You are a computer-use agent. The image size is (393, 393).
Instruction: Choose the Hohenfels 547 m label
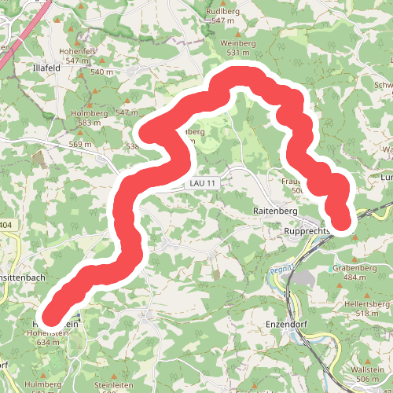(81, 56)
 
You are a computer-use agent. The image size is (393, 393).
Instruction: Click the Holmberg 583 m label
(89, 118)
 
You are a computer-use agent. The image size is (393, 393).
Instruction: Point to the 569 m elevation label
(79, 144)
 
